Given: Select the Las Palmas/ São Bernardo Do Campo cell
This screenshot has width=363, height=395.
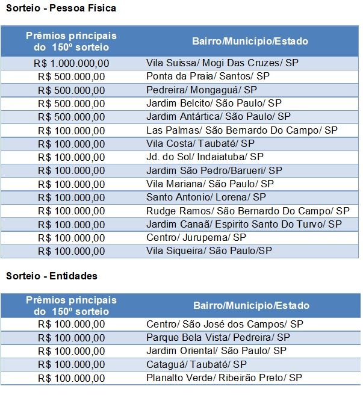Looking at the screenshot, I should click(x=242, y=130).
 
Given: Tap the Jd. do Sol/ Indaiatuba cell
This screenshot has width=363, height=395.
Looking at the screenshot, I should click(x=205, y=157).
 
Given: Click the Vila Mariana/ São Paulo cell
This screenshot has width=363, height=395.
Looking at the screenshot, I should click(x=210, y=184).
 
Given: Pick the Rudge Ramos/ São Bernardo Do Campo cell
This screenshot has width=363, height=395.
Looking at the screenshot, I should click(x=247, y=211).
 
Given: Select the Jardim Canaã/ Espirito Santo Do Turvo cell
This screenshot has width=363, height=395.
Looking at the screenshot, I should click(x=244, y=224).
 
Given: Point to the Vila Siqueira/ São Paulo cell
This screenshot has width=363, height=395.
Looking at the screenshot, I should click(x=209, y=250).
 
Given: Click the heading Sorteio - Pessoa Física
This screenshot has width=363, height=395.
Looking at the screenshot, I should click(x=61, y=8).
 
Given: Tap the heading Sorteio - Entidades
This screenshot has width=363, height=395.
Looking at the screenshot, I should click(x=52, y=276).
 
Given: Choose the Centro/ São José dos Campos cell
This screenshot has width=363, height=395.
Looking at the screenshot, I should click(x=225, y=324).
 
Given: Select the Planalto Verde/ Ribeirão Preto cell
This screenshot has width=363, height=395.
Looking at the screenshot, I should click(x=224, y=378).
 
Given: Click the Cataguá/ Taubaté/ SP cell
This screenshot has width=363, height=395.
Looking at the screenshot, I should click(x=196, y=364).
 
